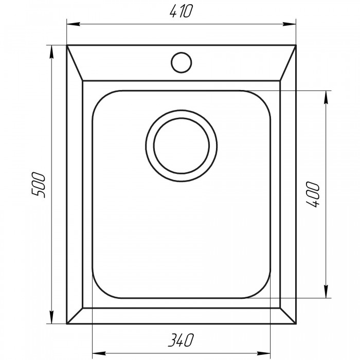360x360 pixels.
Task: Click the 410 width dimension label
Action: (181, 11)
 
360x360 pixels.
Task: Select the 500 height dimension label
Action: (38, 185)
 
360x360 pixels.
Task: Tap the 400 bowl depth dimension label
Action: (313, 194)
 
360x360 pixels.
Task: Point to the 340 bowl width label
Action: (181, 340)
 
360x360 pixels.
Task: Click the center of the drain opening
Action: (181, 146)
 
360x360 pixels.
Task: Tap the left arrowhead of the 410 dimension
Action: (74, 24)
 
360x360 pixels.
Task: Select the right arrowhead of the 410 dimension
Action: (289, 24)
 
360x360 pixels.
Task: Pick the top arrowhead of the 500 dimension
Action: (51, 52)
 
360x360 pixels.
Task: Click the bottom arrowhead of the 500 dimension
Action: (51, 317)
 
